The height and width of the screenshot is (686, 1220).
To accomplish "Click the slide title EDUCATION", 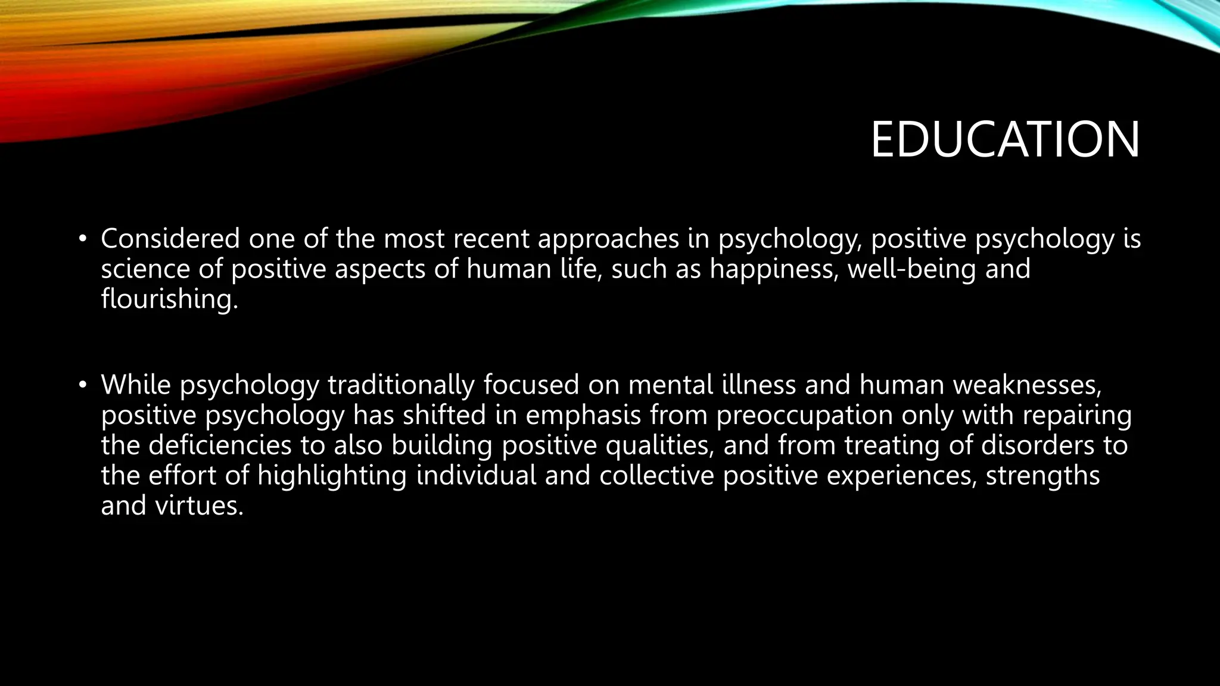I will click(x=1005, y=141).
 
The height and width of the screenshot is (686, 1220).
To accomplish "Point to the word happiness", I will click(x=774, y=269).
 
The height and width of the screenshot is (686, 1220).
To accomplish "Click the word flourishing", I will click(x=169, y=299).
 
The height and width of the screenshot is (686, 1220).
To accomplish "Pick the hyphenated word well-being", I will click(x=912, y=269).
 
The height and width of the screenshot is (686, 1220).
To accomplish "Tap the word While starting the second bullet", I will click(x=136, y=385).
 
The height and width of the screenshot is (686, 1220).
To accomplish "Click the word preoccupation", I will click(x=804, y=416).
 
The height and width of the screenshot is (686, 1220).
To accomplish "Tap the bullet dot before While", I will click(x=82, y=386).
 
